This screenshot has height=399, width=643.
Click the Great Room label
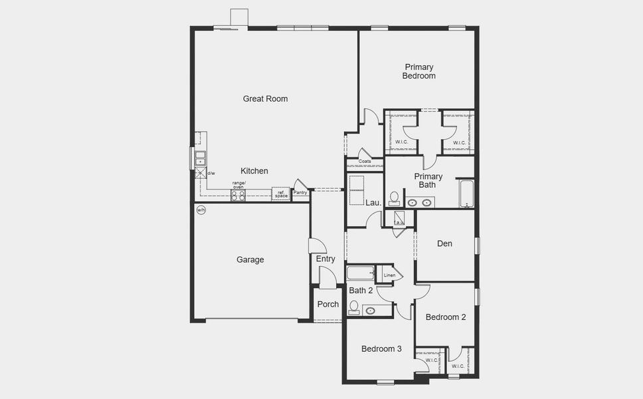[265, 98]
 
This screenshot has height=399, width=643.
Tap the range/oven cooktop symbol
[238, 195]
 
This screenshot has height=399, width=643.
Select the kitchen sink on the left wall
[199, 158]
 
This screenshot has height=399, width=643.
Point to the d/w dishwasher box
[200, 174]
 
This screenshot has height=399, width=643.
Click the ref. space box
[282, 194]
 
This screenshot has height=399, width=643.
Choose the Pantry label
[300, 193]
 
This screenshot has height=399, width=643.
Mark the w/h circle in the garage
[201, 209]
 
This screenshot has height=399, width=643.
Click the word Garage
[250, 259]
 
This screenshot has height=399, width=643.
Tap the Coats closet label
[365, 162]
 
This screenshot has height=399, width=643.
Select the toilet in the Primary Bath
[394, 198]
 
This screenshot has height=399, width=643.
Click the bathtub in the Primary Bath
[466, 194]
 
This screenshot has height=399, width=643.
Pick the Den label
[444, 243]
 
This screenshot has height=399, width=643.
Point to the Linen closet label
[389, 275]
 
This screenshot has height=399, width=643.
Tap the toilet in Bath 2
[354, 307]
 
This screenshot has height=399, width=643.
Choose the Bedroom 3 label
[381, 348]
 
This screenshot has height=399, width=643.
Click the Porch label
[327, 304]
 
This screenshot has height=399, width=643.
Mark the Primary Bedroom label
[418, 71]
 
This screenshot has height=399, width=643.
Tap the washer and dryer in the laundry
[356, 190]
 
